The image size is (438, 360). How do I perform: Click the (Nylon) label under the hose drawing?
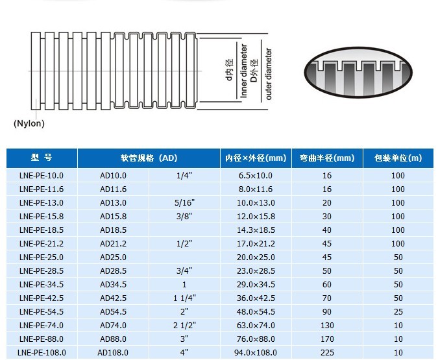(29, 123)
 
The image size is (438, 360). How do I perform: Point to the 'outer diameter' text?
(269, 74)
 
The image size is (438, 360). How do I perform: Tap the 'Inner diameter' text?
(243, 71)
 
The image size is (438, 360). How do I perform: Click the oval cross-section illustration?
(358, 73)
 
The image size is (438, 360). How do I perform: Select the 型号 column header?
(42, 158)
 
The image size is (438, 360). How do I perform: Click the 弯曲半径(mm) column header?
(327, 158)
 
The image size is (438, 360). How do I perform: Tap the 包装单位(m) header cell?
(398, 158)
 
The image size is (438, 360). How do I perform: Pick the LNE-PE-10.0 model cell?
(42, 175)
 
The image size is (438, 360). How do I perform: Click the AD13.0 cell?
(113, 203)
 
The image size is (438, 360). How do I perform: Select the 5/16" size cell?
(184, 203)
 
